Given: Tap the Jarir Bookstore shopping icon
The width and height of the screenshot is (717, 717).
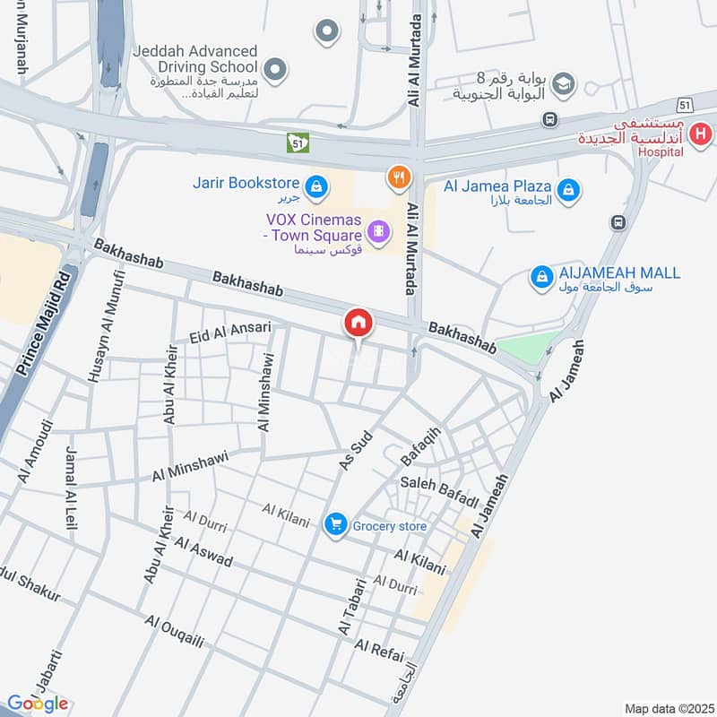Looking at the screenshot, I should click(x=315, y=186).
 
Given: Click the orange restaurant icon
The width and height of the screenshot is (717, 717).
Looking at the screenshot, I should click(x=398, y=177).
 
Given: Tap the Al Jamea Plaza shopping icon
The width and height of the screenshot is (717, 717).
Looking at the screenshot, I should click(x=567, y=189).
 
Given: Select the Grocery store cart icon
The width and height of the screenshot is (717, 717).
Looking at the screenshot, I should click(x=335, y=523).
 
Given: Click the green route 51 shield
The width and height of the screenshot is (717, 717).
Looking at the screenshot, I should click(x=298, y=142).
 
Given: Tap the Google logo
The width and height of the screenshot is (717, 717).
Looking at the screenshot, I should click(x=38, y=704).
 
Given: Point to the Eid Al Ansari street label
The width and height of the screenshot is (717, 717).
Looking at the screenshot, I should click(x=230, y=333).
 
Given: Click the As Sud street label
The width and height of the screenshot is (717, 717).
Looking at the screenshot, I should click(x=354, y=449).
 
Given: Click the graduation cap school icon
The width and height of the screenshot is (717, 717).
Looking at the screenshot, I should click(x=563, y=85).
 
